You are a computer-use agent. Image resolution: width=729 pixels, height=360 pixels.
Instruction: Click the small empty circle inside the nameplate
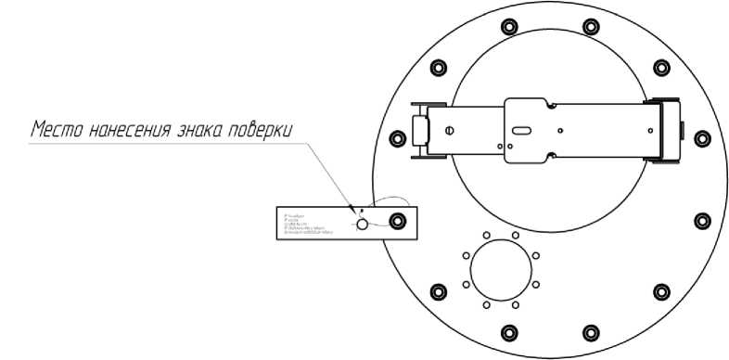click(363, 224)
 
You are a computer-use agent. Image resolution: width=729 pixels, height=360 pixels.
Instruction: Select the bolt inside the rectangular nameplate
click(398, 222)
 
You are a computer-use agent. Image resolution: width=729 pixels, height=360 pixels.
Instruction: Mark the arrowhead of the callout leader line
click(352, 209)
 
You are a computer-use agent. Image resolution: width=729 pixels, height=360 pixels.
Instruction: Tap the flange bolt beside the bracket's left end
click(398, 139)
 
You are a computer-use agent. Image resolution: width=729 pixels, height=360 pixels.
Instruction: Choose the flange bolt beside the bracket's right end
click(700, 133)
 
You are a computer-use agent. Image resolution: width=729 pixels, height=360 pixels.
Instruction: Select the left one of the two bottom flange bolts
click(508, 332)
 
